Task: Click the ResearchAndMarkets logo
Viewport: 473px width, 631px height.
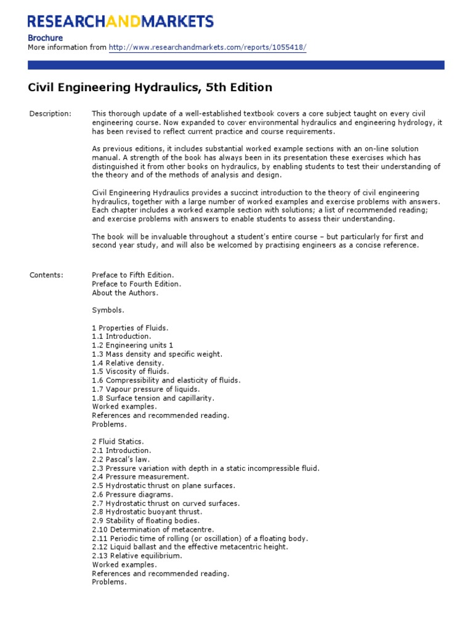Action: [121, 22]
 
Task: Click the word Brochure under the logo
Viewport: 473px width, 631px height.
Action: [46, 38]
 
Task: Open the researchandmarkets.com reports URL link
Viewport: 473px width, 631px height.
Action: [207, 47]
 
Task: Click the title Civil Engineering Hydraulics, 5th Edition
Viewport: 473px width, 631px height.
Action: [150, 88]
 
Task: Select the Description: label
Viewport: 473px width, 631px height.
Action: [51, 114]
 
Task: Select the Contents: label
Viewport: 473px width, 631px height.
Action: [46, 275]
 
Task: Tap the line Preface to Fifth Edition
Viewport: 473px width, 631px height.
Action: [133, 275]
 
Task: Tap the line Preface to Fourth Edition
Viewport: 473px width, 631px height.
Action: [137, 284]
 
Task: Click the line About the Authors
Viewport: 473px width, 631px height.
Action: [125, 293]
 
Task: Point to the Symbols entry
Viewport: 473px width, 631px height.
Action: [108, 310]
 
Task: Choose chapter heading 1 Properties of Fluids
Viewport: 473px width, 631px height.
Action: [130, 328]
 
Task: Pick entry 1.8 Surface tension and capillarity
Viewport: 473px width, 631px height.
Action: [148, 398]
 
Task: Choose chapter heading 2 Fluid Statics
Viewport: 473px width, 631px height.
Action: [118, 442]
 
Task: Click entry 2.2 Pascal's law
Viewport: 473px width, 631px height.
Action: [121, 459]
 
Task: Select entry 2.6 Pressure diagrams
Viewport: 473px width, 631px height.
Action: [132, 494]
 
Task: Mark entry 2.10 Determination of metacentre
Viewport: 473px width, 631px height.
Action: [153, 529]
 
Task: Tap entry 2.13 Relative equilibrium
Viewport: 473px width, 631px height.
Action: [137, 556]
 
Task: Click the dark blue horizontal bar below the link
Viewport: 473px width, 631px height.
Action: [236, 65]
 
